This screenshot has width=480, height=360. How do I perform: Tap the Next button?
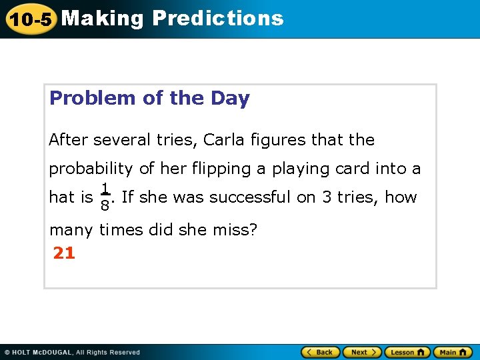click(362, 352)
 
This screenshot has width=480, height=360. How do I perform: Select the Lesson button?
click(407, 352)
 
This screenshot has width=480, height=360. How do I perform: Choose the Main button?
click(453, 352)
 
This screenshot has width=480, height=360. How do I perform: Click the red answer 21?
click(64, 253)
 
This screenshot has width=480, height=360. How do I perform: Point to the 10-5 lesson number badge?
click(30, 19)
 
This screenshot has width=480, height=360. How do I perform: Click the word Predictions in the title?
click(218, 18)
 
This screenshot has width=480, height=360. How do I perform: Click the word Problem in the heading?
click(93, 98)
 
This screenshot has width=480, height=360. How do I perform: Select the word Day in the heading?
click(230, 98)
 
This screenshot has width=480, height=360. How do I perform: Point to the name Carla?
click(225, 140)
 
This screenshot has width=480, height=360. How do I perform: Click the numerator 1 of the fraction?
click(105, 189)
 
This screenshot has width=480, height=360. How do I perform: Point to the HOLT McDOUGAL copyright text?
click(72, 352)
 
